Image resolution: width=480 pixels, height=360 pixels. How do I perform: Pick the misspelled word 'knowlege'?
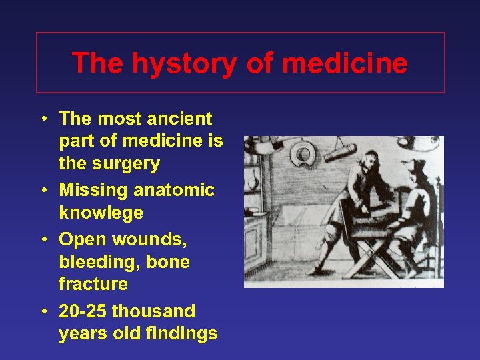pos(101,213)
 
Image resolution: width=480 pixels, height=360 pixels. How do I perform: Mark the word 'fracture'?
pos(93,284)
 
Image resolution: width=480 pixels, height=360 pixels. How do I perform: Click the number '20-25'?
pos(83,311)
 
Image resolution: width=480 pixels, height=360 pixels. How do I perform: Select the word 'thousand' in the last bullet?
pos(153,311)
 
